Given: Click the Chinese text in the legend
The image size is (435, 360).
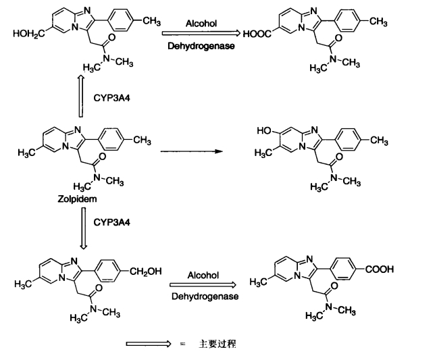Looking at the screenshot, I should (x=217, y=344).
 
